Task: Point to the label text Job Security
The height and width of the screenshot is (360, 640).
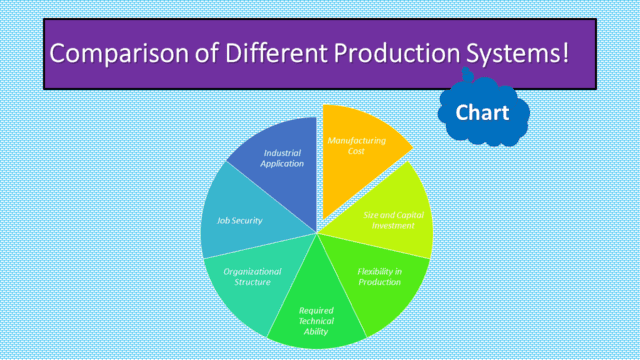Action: point(240,220)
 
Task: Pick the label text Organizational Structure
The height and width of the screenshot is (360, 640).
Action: point(252,277)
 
